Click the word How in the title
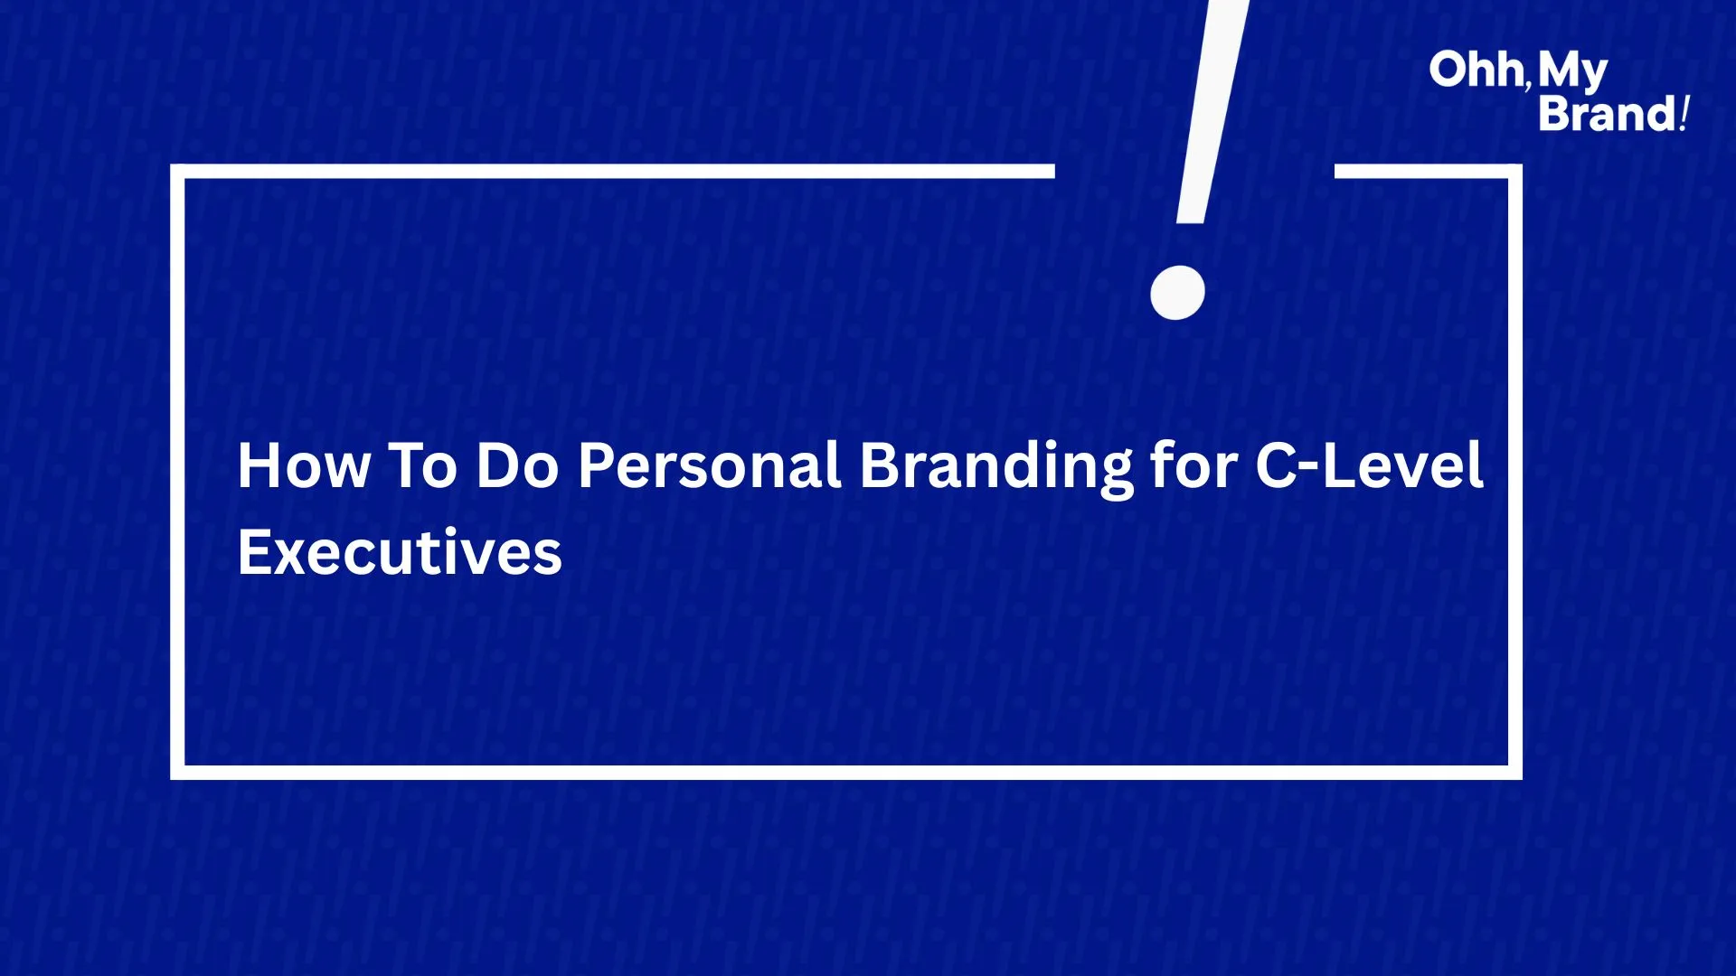[x=304, y=465]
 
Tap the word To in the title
[x=422, y=465]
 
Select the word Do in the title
[x=517, y=465]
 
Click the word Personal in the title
[x=710, y=465]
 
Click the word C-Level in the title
[x=1369, y=465]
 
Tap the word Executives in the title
[x=400, y=552]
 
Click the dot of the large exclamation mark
[x=1177, y=292]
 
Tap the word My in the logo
[x=1572, y=72]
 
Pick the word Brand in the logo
[x=1608, y=114]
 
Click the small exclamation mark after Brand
[x=1684, y=114]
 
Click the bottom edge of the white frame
[x=846, y=773]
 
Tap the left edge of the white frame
[x=177, y=472]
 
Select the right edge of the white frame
[x=1515, y=472]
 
